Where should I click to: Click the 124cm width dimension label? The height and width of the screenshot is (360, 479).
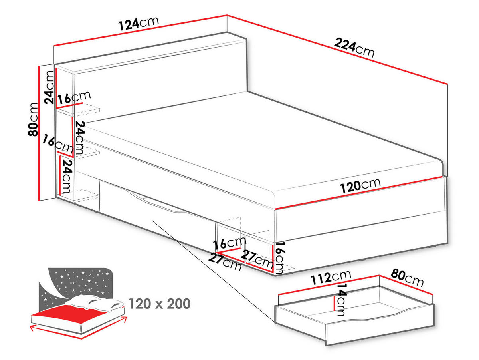pyautogui.click(x=139, y=24)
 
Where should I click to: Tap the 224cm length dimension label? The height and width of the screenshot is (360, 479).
pyautogui.click(x=354, y=48)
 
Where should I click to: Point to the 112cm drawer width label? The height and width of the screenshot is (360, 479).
pyautogui.click(x=331, y=277)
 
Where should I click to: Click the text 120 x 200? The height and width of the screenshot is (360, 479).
pyautogui.click(x=159, y=304)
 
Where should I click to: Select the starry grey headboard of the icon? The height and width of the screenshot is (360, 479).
pyautogui.click(x=76, y=282)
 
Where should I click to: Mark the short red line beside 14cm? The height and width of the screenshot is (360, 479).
pyautogui.click(x=334, y=303)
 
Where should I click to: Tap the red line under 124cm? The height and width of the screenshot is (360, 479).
pyautogui.click(x=140, y=31)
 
